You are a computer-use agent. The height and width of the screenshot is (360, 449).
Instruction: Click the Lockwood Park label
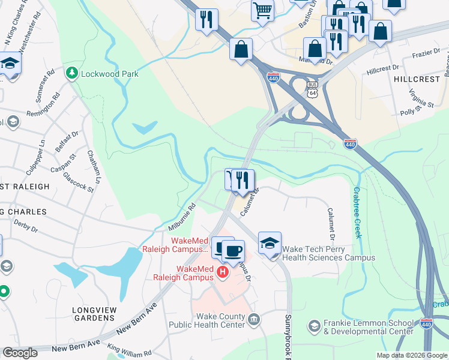pyautogui.click(x=110, y=74)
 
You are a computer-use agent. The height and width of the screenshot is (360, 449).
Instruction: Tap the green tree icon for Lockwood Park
pyautogui.click(x=73, y=73)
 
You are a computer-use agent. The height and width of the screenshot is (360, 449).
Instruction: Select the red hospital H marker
pyautogui.click(x=223, y=272)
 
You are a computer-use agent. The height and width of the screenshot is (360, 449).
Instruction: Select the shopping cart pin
pyautogui.click(x=263, y=11)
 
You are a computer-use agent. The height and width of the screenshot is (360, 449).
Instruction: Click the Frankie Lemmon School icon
pyautogui.click(x=313, y=326)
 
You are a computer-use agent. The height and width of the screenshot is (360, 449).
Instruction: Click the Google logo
pyautogui.click(x=20, y=353)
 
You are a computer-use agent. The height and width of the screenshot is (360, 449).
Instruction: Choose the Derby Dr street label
pyautogui.click(x=26, y=228)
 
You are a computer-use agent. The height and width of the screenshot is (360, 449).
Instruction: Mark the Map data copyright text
pyautogui.click(x=411, y=355)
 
